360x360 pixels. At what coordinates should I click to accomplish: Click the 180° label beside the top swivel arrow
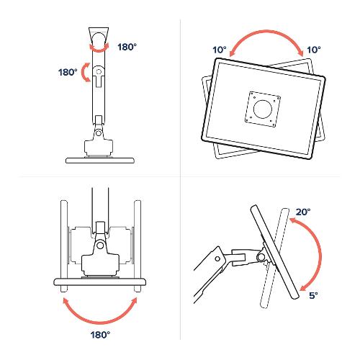coord(127,47)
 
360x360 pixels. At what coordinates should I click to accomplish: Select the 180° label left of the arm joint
coord(68,72)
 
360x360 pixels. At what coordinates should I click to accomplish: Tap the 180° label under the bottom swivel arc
coord(100,335)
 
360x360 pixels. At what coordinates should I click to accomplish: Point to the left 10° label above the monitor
coord(220,50)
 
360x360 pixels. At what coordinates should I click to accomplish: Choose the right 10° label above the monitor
coord(314,50)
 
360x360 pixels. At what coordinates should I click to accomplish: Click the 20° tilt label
coord(303,212)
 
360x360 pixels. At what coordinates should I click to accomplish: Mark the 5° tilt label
coord(313,295)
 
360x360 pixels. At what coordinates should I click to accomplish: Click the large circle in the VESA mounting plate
coord(262,109)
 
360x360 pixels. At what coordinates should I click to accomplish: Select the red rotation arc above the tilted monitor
coord(266,32)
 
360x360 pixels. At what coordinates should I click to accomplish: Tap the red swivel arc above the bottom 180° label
coord(99,322)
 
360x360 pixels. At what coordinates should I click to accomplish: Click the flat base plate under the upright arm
coord(100,161)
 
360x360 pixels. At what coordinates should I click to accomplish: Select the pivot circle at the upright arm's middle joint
coord(99,71)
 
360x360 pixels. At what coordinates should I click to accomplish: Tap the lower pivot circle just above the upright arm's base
coord(99,133)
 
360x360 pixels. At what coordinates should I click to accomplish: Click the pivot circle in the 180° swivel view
coord(100,246)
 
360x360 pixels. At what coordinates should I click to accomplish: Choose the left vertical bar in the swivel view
coord(64,246)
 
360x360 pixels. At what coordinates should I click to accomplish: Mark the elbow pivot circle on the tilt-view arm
coord(217,259)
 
